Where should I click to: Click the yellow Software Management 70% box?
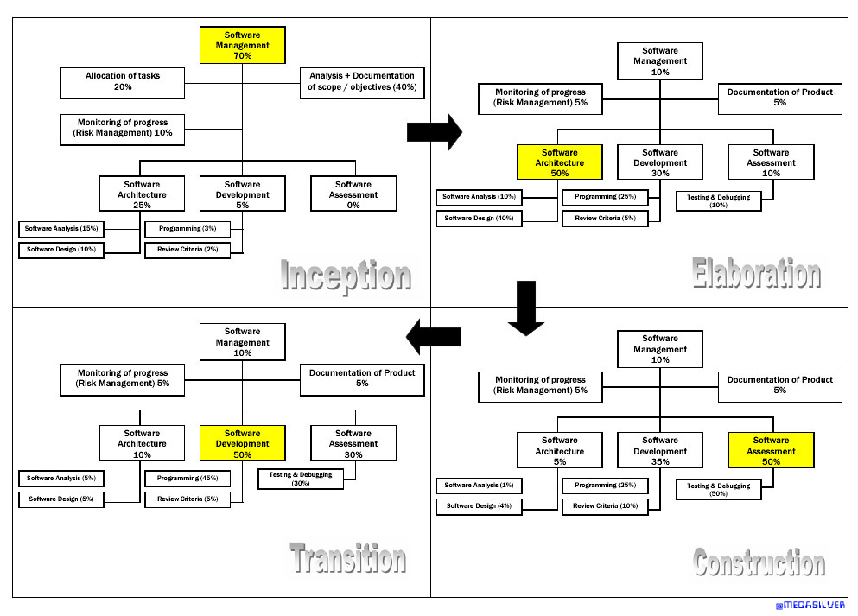click(242, 45)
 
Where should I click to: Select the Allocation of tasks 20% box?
click(122, 82)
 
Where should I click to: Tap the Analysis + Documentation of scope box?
click(362, 82)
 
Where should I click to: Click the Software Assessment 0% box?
click(353, 194)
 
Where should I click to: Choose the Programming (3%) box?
click(187, 230)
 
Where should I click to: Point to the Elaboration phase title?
click(756, 274)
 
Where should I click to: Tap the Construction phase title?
click(759, 563)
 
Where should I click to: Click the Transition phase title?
click(347, 558)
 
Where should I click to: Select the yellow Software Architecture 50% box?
click(559, 162)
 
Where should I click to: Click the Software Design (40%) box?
click(479, 219)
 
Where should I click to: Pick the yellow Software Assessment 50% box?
click(771, 451)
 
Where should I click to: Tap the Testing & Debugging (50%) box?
click(718, 490)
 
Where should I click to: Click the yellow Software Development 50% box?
click(242, 443)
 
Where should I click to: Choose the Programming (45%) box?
click(187, 479)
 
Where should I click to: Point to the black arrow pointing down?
click(525, 308)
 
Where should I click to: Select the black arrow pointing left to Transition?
click(434, 336)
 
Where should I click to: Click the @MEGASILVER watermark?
click(810, 606)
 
